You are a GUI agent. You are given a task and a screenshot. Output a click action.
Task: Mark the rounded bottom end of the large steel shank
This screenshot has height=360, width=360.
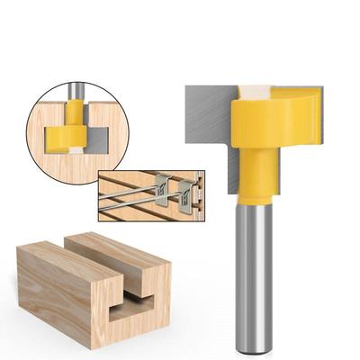(254, 346)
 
